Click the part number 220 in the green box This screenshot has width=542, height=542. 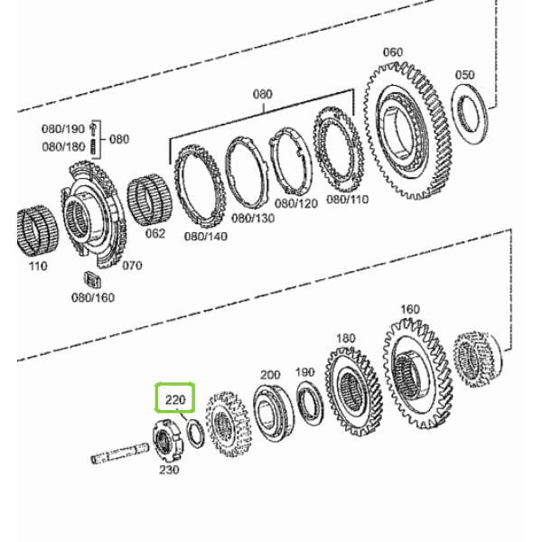coord(175,399)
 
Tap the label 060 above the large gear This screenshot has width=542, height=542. coord(393,52)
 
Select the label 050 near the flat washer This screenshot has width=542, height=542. coord(464,75)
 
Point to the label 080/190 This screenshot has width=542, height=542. coord(63,129)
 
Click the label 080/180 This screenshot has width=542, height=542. coord(63,147)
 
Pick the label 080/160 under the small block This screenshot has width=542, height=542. coord(93,297)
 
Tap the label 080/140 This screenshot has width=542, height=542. coord(206,237)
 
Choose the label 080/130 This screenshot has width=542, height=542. coord(253,219)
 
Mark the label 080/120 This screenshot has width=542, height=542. coord(296,203)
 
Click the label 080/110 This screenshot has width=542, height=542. coord(348,200)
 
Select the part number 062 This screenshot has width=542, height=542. coord(155,234)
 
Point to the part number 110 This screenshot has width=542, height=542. coord(38,266)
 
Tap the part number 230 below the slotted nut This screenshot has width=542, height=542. coord(169,470)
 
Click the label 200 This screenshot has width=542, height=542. coord(270,375)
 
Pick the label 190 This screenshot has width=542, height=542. coord(305,372)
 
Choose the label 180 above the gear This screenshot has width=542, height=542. coord(345,338)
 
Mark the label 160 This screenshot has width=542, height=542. coord(410,309)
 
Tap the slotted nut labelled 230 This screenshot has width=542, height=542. coord(168,441)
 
